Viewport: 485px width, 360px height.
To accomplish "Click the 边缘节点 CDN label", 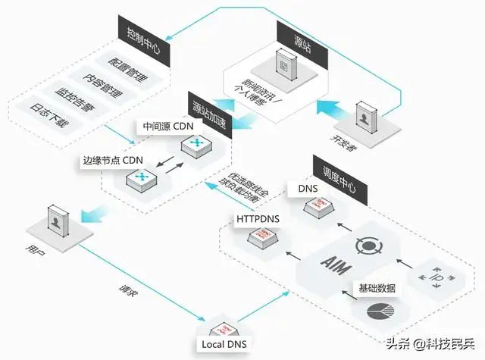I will pos(111,161).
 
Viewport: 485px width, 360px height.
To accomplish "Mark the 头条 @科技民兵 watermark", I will pos(431,343).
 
